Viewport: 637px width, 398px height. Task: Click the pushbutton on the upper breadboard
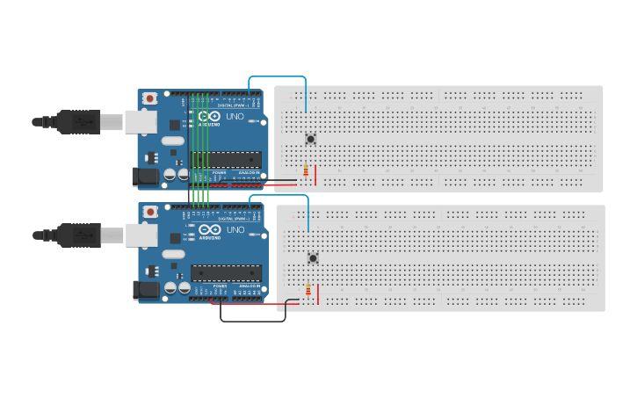tap(310, 139)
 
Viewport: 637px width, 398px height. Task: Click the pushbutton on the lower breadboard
tap(313, 257)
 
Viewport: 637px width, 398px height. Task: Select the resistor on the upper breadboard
tap(305, 171)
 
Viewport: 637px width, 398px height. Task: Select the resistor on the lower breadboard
tap(308, 291)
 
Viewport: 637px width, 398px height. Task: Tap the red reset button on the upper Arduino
tap(150, 98)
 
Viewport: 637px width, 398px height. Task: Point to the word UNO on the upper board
tap(235, 116)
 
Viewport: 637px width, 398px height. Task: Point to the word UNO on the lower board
tap(235, 230)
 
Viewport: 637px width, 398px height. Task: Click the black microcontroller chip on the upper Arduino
tap(226, 160)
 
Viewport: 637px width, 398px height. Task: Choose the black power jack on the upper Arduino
tap(145, 177)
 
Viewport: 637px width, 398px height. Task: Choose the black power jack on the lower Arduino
tap(146, 291)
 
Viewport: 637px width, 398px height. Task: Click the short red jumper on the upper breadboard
tap(315, 176)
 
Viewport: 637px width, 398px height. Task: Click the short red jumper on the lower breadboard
tap(318, 295)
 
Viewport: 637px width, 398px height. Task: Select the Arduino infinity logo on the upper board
tap(209, 116)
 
